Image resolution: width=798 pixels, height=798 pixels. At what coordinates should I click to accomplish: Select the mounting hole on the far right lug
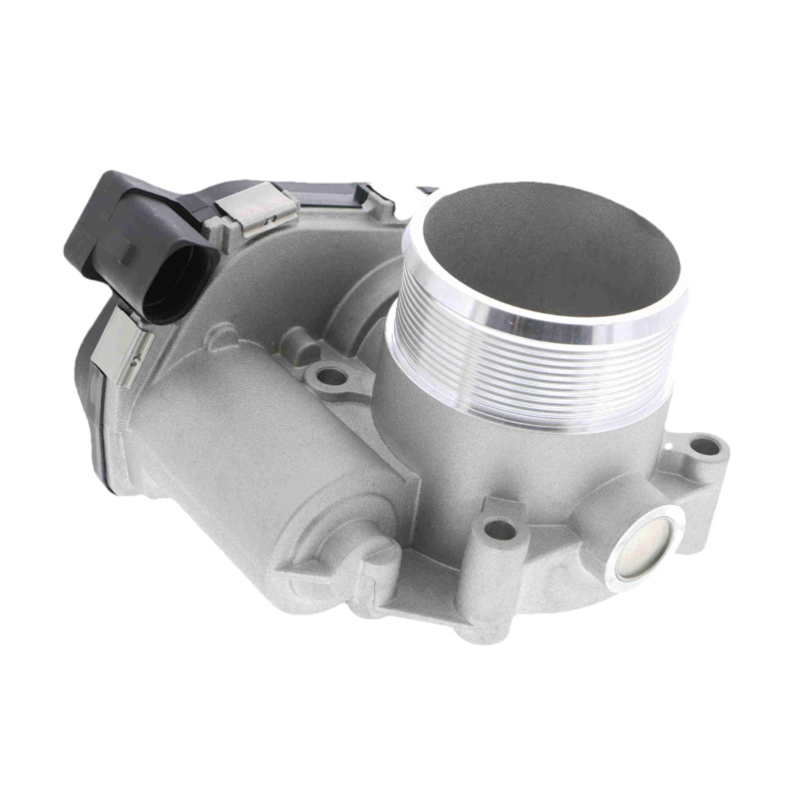[705, 446]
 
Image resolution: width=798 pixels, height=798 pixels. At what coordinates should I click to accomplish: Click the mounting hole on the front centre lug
[502, 530]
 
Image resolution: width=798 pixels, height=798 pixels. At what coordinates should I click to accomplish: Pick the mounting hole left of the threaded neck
[331, 377]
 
